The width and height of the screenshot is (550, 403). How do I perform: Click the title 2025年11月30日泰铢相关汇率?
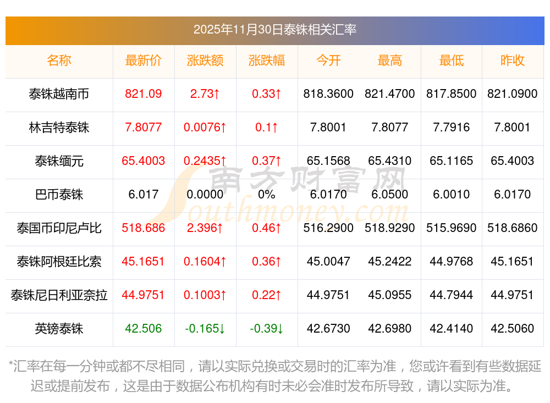click(x=274, y=30)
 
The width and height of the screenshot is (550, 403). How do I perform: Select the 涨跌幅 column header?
click(x=267, y=60)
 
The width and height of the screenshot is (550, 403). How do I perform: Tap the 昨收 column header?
click(x=512, y=60)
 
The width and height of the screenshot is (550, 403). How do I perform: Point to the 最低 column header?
click(x=451, y=60)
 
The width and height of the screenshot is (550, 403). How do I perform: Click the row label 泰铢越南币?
click(x=59, y=94)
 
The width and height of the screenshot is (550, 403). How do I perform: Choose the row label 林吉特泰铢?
click(x=59, y=128)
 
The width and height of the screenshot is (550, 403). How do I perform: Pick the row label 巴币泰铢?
click(x=59, y=195)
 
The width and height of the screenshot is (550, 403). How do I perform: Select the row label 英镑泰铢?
click(x=59, y=329)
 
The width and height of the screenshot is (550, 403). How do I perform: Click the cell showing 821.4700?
click(x=389, y=94)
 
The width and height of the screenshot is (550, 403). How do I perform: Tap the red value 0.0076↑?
click(x=205, y=128)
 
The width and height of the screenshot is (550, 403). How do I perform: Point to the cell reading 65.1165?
click(x=451, y=161)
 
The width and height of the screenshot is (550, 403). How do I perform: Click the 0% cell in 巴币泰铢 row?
click(x=267, y=195)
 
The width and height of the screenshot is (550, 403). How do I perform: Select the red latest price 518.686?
click(x=144, y=228)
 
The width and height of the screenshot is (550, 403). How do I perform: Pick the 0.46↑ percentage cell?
click(x=267, y=228)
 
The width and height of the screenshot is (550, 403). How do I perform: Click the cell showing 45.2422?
click(x=389, y=262)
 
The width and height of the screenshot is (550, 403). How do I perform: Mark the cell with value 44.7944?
click(x=451, y=295)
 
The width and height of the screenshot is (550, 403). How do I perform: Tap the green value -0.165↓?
click(x=205, y=329)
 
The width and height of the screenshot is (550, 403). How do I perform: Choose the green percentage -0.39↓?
click(x=267, y=329)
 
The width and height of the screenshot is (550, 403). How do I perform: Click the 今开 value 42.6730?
click(x=328, y=329)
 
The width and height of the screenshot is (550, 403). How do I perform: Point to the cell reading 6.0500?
click(x=389, y=195)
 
